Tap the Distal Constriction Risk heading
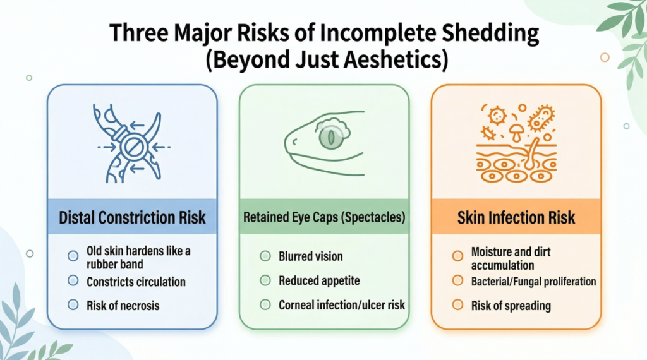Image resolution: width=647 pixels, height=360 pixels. (132, 217)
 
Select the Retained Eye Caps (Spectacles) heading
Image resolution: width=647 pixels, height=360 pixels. (324, 217)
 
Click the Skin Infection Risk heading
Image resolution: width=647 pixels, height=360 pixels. (516, 217)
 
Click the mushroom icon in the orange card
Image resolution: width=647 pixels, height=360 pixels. (516, 132)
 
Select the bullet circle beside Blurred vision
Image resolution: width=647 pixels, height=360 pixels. (265, 256)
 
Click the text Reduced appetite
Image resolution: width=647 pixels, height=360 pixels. (319, 281)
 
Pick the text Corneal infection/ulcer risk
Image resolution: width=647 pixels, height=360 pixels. (342, 305)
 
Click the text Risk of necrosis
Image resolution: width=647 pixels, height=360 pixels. (123, 306)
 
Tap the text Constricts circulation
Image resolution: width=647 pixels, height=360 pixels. (136, 282)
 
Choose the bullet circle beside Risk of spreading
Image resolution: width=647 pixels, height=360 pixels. (457, 305)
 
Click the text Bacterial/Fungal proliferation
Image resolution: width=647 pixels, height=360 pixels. (533, 282)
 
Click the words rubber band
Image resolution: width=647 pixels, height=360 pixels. (115, 265)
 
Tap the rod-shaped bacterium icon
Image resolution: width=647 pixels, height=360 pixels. (541, 119)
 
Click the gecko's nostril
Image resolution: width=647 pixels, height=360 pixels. (294, 142)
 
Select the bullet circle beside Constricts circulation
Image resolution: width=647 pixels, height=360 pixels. (73, 281)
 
